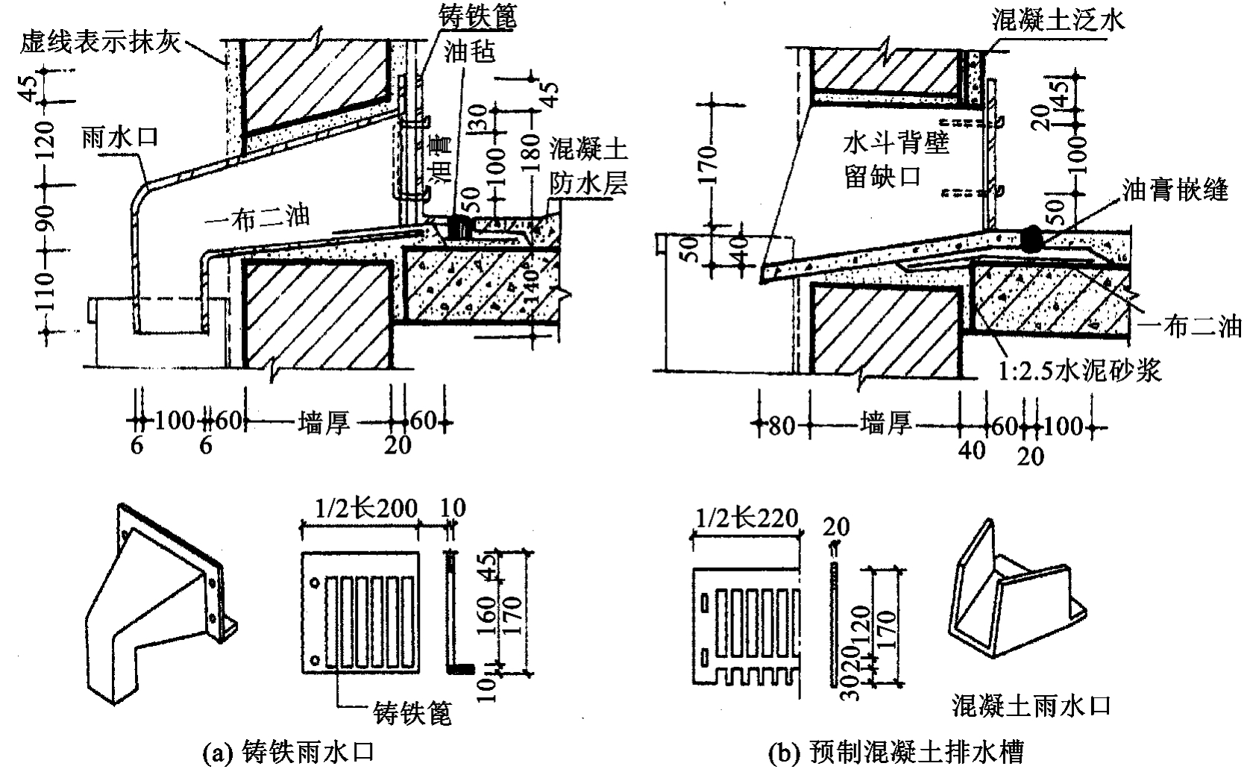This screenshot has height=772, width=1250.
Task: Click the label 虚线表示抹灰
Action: point(100,43)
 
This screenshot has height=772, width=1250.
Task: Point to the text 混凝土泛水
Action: point(1058,20)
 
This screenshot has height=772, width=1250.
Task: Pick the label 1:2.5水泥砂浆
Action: point(1084,370)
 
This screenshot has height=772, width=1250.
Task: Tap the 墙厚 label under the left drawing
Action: point(322,424)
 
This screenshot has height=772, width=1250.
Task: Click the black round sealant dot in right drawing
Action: point(1032,239)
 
